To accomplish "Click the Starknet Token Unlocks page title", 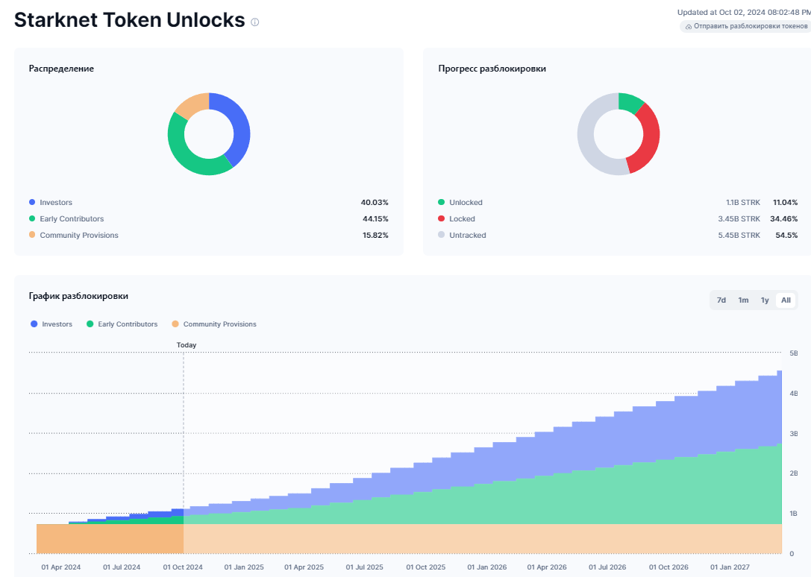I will [129, 20].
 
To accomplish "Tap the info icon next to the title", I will [255, 22].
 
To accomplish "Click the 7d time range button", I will [721, 300].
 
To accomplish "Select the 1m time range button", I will [743, 300].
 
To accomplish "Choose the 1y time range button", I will [765, 300].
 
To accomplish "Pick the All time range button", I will [786, 300].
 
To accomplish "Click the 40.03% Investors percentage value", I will [375, 203].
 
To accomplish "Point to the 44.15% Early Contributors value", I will [375, 219].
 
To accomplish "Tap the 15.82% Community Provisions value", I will [375, 236].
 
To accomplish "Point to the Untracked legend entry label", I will [467, 236].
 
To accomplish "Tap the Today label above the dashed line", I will [187, 345].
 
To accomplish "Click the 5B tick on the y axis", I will [793, 353].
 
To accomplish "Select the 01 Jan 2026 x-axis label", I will [487, 567].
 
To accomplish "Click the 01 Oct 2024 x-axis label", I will [183, 567].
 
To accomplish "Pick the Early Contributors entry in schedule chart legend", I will [127, 324].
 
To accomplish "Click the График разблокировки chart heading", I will [78, 296].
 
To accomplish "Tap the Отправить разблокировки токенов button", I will [745, 26].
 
